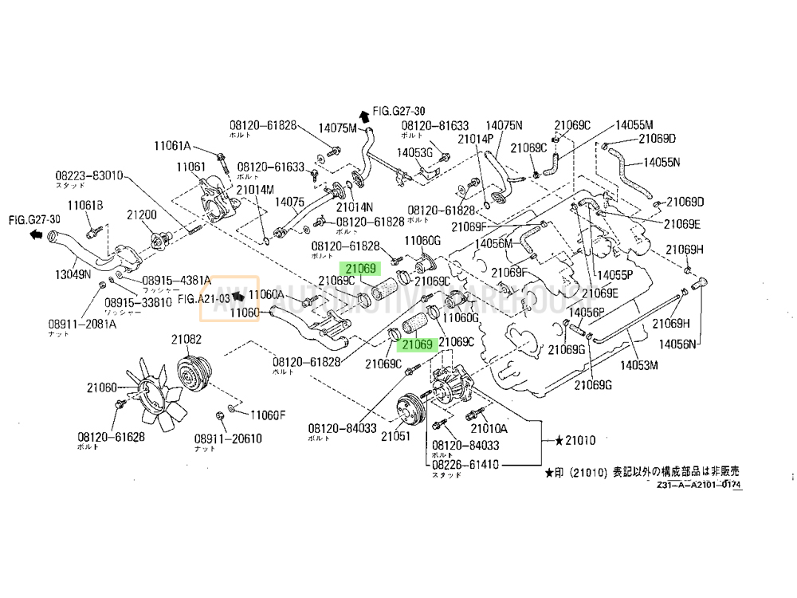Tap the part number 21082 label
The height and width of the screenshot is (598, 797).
pos(186,340)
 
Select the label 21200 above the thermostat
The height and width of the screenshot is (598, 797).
pos(143,215)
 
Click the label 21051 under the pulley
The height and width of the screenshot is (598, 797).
pos(395,436)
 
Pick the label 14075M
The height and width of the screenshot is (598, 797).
pos(339,127)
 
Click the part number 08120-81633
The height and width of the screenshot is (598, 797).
pos(434,126)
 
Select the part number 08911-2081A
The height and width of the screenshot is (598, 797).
pos(82,324)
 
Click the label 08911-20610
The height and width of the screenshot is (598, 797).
pos(251,439)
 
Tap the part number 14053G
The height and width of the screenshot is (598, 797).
pos(414,151)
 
